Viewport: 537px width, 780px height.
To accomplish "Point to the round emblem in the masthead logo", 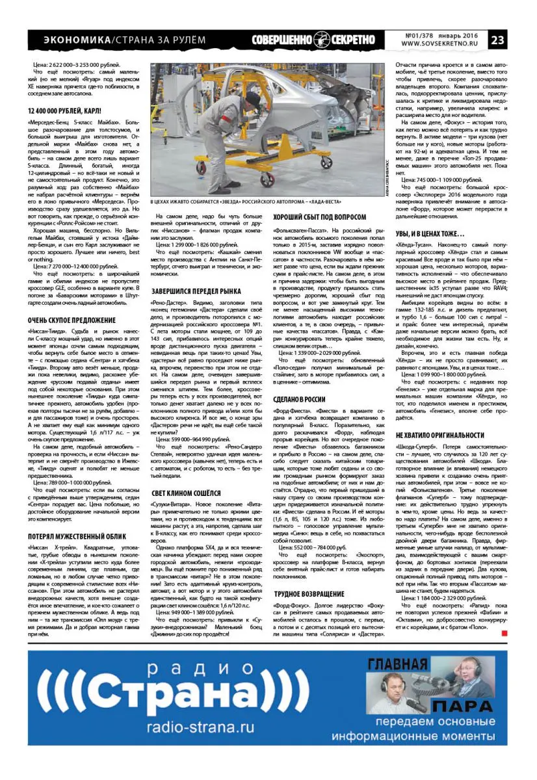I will (x=322, y=40).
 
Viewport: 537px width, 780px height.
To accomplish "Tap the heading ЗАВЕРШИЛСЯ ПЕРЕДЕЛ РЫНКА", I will (x=197, y=290).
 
